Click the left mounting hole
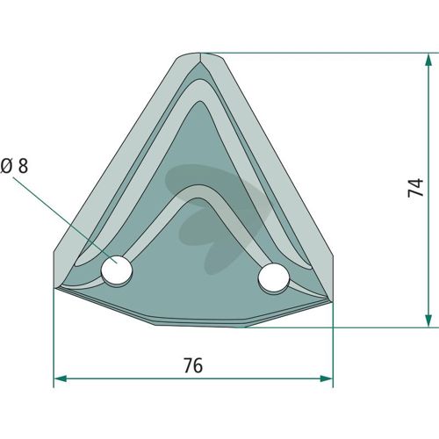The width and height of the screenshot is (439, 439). [x=117, y=270]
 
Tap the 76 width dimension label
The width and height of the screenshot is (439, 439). [x=193, y=365]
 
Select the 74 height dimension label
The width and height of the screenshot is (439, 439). [x=415, y=188]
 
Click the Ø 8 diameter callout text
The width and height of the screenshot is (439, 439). [x=14, y=166]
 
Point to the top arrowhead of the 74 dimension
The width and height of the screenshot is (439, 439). [x=428, y=59]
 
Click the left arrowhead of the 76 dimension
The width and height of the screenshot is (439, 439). [x=61, y=378]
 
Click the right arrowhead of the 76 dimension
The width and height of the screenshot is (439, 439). [x=327, y=378]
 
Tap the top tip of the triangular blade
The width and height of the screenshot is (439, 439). [x=200, y=54]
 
